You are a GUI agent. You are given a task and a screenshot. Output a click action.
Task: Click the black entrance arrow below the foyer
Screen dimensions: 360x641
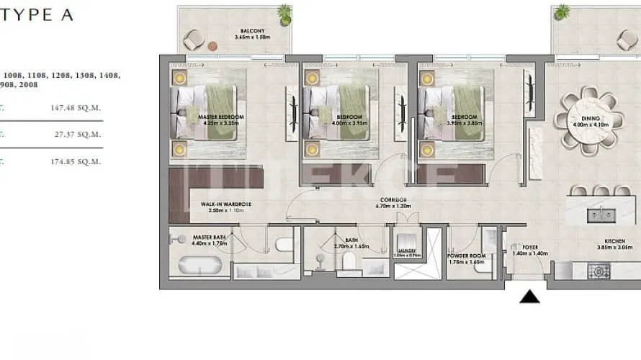coord(530,296)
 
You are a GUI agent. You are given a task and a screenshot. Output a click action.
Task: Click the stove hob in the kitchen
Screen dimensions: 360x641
coord(599,271)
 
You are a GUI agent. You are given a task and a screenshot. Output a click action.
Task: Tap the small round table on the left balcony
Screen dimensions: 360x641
coord(212,46)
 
